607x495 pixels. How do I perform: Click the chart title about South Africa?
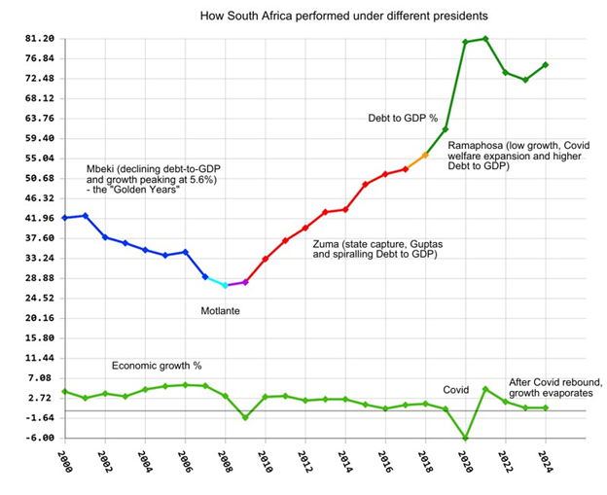pyautogui.click(x=343, y=17)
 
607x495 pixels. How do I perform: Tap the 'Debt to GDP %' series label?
pyautogui.click(x=402, y=118)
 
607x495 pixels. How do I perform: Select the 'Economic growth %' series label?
pyautogui.click(x=157, y=366)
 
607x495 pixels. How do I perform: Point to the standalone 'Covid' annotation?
pyautogui.click(x=456, y=389)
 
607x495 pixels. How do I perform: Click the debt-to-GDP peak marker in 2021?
pyautogui.click(x=485, y=39)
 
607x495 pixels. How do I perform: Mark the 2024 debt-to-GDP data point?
pyautogui.click(x=545, y=65)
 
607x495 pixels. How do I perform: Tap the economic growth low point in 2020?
pyautogui.click(x=465, y=439)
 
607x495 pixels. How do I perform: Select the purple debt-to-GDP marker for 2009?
pyautogui.click(x=245, y=282)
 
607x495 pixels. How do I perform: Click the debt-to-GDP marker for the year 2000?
pyautogui.click(x=64, y=218)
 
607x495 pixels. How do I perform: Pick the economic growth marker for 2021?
pyautogui.click(x=485, y=389)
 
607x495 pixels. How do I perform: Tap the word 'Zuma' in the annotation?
pyautogui.click(x=328, y=243)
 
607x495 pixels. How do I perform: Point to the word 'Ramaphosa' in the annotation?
pyautogui.click(x=480, y=144)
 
